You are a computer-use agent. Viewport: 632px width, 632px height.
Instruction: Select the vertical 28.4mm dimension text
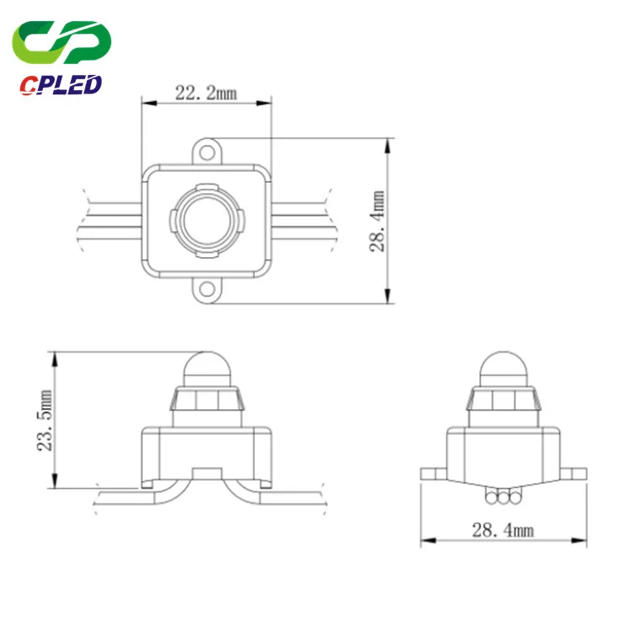point(378,222)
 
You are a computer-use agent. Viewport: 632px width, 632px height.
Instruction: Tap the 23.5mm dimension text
point(46,420)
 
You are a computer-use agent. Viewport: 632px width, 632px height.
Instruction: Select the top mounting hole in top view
point(206,153)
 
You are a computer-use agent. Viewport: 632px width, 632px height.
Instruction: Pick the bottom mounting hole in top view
point(206,290)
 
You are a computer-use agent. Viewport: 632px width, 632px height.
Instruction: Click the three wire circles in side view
point(503,498)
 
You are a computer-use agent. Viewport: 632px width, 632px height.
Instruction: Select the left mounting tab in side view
point(434,472)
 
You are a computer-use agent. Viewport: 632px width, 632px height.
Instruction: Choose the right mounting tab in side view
point(572,472)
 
